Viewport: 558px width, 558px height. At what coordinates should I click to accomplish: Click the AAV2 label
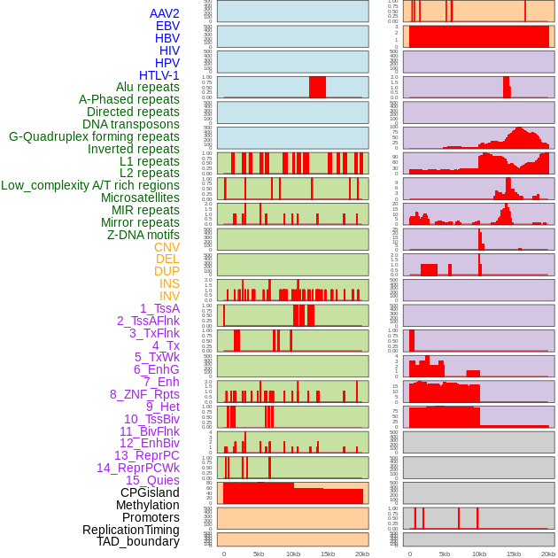pos(164,13)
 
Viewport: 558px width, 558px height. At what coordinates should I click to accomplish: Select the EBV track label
pos(167,26)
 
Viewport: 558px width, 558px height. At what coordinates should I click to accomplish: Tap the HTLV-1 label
pos(159,75)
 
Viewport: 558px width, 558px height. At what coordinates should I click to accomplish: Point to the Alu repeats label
pos(147,87)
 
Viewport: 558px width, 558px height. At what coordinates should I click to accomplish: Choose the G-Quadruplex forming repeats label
pos(94,136)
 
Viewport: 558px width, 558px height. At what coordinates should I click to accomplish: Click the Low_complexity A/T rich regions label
pos(90,185)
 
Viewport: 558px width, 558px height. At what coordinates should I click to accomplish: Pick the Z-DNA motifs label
pos(143,235)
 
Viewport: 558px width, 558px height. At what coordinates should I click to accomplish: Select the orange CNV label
pos(167,247)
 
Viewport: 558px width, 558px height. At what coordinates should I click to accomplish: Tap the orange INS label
pos(168,283)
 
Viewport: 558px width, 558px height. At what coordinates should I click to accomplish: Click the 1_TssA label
pos(159,308)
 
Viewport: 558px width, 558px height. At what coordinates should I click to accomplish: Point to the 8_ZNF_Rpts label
pos(144,394)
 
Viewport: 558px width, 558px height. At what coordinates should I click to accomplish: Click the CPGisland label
pos(150,492)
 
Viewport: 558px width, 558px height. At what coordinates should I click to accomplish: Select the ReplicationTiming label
pos(131,530)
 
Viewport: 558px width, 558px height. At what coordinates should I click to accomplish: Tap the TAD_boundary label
pos(138,541)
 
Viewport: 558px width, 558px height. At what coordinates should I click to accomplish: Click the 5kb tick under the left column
pos(259,554)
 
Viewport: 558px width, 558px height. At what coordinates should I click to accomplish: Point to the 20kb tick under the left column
pos(362,554)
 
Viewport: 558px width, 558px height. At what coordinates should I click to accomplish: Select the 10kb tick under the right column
pos(479,554)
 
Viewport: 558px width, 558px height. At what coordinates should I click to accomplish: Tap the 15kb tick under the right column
pos(514,554)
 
